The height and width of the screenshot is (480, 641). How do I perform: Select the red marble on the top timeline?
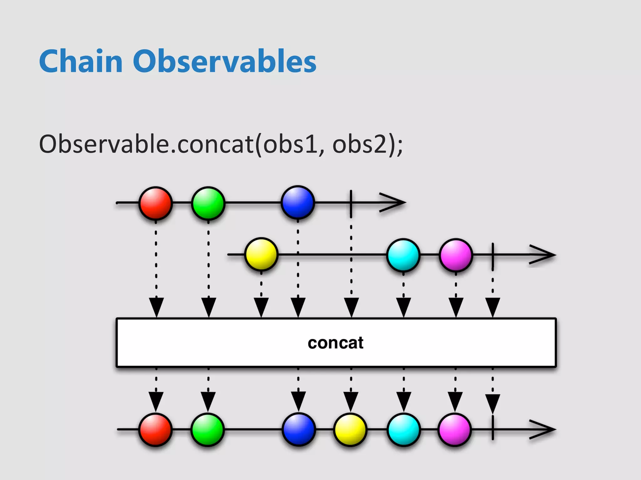156,203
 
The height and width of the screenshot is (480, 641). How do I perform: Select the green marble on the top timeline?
208,203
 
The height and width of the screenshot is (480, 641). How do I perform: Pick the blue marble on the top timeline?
298,202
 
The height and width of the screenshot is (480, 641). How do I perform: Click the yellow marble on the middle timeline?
261,254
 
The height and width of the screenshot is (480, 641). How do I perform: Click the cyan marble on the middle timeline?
403,255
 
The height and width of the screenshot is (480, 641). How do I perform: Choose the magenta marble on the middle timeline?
456,255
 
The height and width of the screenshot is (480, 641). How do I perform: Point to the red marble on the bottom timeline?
156,429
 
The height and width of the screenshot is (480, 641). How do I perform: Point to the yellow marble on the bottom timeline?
350,429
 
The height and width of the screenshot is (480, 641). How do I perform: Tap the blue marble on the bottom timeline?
299,429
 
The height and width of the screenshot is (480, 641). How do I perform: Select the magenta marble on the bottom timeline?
455,429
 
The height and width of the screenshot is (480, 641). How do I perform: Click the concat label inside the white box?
336,343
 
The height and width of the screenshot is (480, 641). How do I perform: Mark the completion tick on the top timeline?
351,203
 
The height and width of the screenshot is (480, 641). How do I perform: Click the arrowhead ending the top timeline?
394,203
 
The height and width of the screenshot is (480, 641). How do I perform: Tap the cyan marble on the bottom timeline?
403,429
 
